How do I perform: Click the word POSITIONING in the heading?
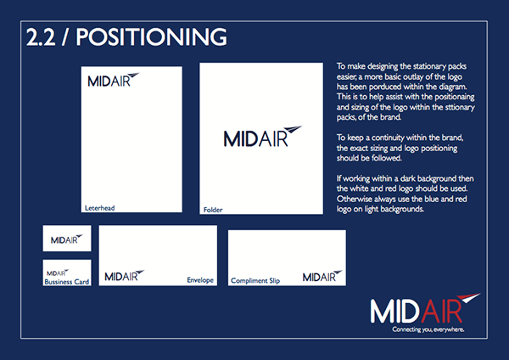(151, 37)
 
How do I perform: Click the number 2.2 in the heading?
(41, 37)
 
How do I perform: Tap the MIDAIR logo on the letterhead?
(114, 80)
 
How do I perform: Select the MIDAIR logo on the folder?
(263, 137)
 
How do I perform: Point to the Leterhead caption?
(99, 208)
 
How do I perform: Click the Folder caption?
(213, 210)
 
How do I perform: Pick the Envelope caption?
(200, 279)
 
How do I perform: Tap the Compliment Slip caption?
(255, 280)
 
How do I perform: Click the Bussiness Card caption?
(66, 282)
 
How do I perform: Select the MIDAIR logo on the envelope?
(125, 276)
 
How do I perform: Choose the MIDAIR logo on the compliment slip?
(322, 276)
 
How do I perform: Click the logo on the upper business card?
(66, 239)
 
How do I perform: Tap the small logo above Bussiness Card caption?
(58, 273)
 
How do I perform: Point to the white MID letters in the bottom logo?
(394, 312)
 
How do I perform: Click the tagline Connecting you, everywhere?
(428, 329)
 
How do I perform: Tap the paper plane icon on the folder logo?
(293, 130)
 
